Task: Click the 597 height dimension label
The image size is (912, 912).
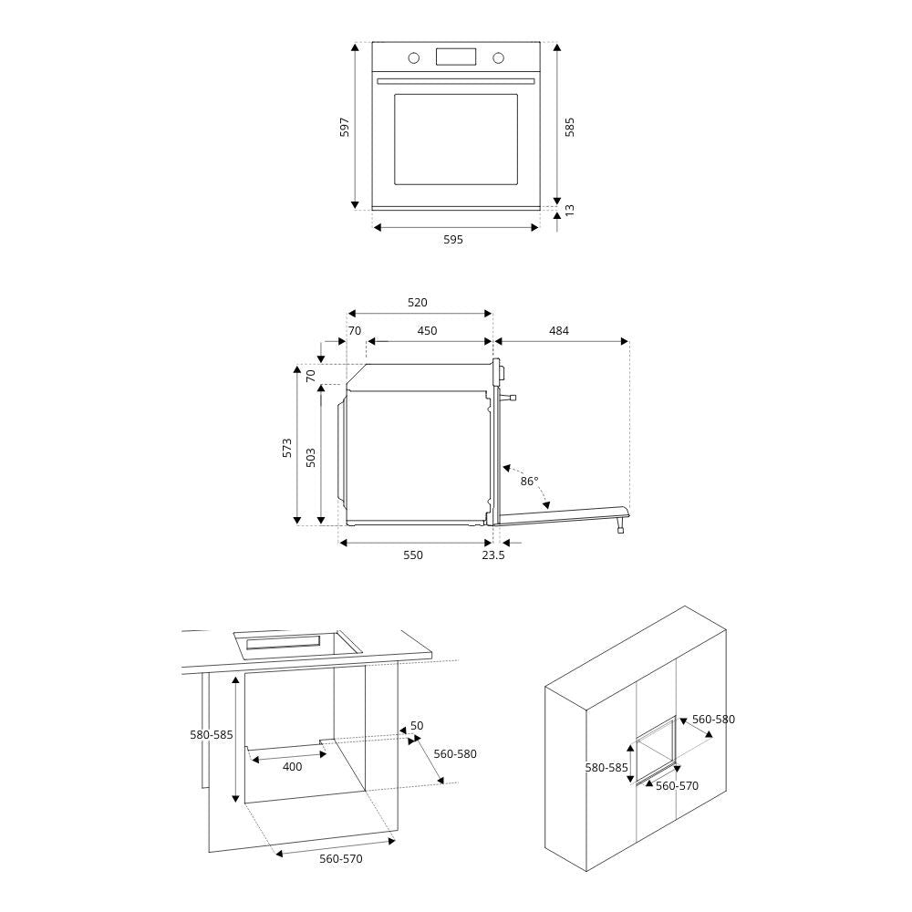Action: [345, 127]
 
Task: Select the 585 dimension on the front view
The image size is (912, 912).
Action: [570, 127]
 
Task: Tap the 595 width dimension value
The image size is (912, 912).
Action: [453, 240]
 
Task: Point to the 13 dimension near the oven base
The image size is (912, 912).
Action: [570, 209]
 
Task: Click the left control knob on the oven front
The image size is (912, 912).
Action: [414, 58]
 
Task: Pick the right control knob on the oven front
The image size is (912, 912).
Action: [498, 58]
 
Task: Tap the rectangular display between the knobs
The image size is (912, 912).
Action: [456, 57]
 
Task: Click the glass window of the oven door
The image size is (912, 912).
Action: [456, 139]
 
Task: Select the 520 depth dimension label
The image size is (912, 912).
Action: [417, 303]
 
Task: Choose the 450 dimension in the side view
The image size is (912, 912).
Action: [427, 331]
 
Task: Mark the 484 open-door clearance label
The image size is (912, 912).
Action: [559, 331]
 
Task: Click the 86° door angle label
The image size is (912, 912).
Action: [529, 481]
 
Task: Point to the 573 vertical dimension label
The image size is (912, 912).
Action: [286, 447]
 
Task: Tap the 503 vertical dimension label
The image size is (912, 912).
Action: [311, 456]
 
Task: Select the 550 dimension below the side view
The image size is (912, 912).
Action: [413, 555]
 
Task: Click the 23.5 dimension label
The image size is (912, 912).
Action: [493, 555]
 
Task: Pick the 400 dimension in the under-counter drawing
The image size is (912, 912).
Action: [292, 767]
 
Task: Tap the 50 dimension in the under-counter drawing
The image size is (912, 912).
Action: [417, 726]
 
